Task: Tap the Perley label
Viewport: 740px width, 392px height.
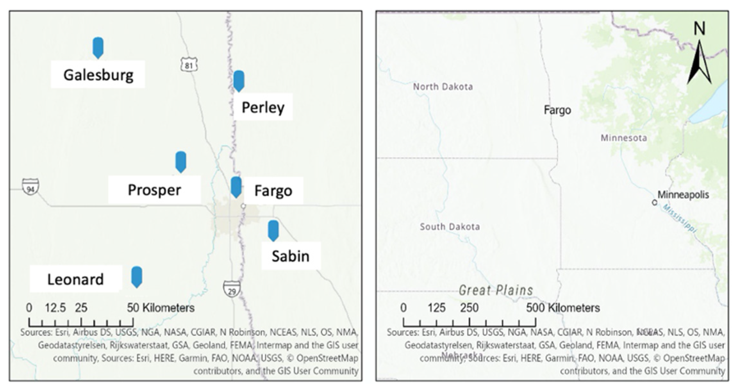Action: [263, 107]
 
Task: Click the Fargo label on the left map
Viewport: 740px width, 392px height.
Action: [273, 191]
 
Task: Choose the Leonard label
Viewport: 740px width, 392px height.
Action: [76, 279]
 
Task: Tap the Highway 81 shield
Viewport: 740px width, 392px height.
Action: [189, 65]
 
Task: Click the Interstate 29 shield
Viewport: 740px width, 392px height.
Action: [232, 289]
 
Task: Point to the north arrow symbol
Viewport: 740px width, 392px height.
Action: [699, 61]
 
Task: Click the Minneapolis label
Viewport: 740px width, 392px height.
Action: [683, 195]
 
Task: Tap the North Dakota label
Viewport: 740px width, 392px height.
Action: [443, 87]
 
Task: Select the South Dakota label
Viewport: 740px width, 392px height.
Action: [450, 227]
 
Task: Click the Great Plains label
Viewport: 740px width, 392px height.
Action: [496, 290]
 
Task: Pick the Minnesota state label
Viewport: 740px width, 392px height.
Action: [623, 138]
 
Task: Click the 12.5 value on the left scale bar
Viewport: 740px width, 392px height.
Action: [55, 308]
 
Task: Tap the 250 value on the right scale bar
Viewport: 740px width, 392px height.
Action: [469, 308]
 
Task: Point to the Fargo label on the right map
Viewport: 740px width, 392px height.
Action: [557, 110]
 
